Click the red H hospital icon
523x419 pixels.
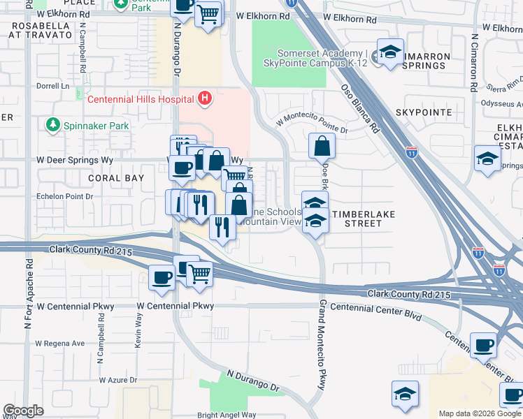[204, 98]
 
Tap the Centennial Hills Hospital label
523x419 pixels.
[140, 98]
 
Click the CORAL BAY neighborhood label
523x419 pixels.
[116, 178]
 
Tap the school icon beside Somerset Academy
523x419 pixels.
[389, 52]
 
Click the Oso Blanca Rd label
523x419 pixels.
[359, 108]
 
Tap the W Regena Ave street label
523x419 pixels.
[59, 343]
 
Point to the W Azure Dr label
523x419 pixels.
[122, 380]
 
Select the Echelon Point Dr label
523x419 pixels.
[64, 197]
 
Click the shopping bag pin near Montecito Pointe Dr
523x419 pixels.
[322, 147]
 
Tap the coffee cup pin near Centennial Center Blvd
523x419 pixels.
[484, 345]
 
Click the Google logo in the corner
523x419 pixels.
[23, 411]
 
